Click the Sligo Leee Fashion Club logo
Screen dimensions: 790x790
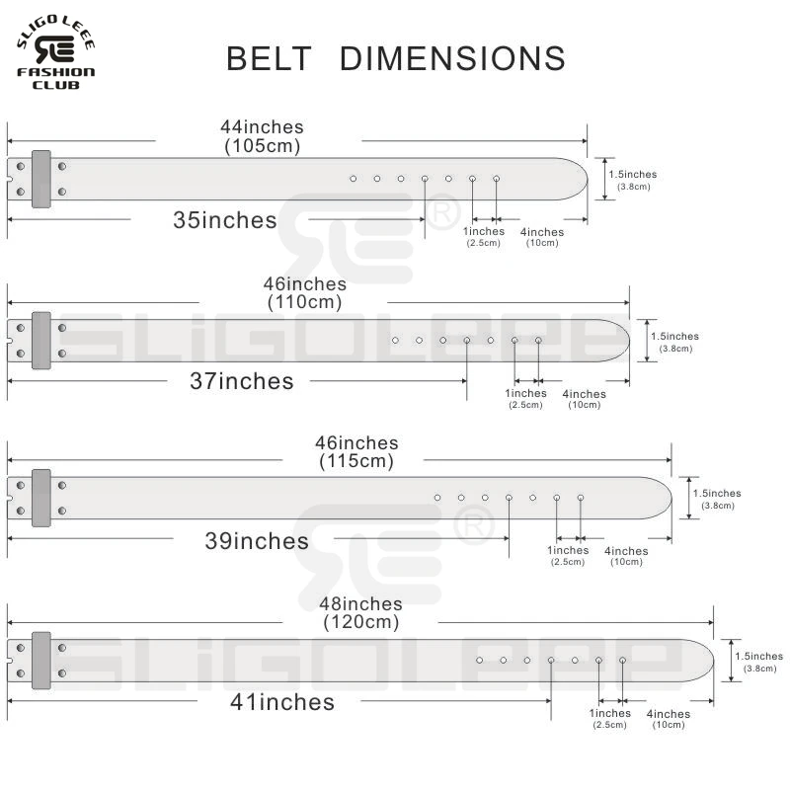point(55,52)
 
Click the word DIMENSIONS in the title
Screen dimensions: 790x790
point(452,58)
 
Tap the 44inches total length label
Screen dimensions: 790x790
point(262,126)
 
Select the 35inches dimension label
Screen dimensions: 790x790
point(225,220)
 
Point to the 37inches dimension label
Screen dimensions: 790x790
point(241,381)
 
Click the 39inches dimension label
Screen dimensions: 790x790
point(257,540)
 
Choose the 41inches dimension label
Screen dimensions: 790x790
point(282,702)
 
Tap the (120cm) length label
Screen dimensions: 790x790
point(361,622)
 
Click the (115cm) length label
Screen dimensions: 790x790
point(356,460)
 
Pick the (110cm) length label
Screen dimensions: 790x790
point(304,302)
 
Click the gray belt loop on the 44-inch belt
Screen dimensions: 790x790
point(41,179)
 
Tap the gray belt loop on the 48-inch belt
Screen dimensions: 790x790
point(41,661)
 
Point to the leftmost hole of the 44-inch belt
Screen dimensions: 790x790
point(354,179)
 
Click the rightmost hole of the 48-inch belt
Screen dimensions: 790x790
point(623,660)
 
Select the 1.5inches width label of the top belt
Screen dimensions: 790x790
point(633,175)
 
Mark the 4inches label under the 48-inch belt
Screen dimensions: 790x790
point(669,714)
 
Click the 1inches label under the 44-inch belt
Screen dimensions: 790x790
point(484,231)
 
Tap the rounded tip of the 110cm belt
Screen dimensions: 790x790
point(629,341)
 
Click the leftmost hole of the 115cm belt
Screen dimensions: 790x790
point(437,498)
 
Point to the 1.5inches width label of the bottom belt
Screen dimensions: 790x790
point(758,656)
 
